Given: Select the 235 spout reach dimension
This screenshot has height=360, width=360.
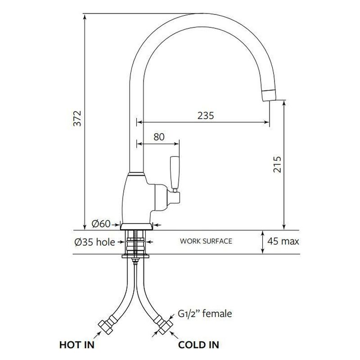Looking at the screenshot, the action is point(206,116).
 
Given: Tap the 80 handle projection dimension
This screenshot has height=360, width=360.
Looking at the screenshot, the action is point(159,137).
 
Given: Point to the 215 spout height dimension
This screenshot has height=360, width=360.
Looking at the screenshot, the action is point(277,164).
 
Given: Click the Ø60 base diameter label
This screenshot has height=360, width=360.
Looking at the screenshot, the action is point(101,223).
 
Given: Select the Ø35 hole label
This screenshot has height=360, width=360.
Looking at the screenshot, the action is point(94,242).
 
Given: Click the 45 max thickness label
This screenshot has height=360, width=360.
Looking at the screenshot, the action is point(283,241).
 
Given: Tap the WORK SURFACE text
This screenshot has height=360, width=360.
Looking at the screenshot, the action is point(206,241).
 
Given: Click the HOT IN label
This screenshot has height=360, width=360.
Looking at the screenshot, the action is point(77,345).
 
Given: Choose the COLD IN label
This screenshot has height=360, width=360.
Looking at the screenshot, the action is point(198,345).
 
